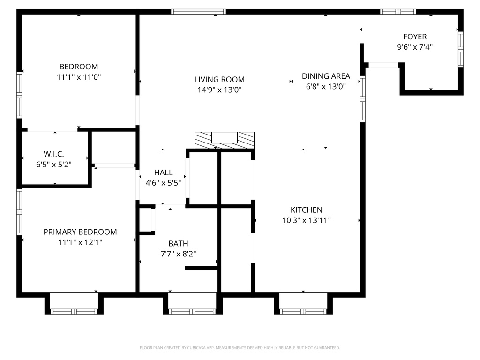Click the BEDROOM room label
pos(79,67)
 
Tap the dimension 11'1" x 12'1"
pos(80,242)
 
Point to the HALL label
pos(163,172)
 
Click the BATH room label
pos(178,243)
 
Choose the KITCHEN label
pos(306,210)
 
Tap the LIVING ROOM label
pos(219,80)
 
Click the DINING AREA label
pos(326,76)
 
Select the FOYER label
pos(415,37)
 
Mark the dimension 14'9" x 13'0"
pos(219,90)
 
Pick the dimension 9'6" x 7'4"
pos(415,47)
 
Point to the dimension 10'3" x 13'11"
pos(306,220)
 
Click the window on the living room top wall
pos(198,12)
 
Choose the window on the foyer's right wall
pos(460,49)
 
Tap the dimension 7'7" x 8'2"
pos(178,254)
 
